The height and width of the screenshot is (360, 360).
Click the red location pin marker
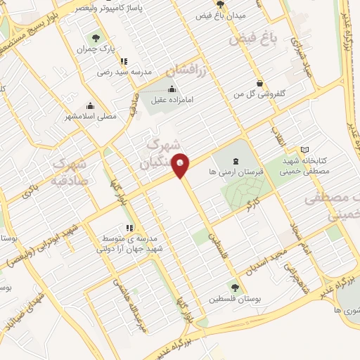point(181,164)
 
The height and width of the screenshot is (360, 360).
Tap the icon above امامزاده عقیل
point(172,89)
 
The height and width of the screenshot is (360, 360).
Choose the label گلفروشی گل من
point(262,93)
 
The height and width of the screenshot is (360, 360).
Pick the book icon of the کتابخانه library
point(304,150)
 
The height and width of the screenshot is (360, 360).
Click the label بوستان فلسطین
point(235,298)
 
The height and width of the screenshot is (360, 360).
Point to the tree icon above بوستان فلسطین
point(234,287)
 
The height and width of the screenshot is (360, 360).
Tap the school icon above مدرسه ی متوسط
point(129,228)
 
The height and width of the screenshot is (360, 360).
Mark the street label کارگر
point(251,206)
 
